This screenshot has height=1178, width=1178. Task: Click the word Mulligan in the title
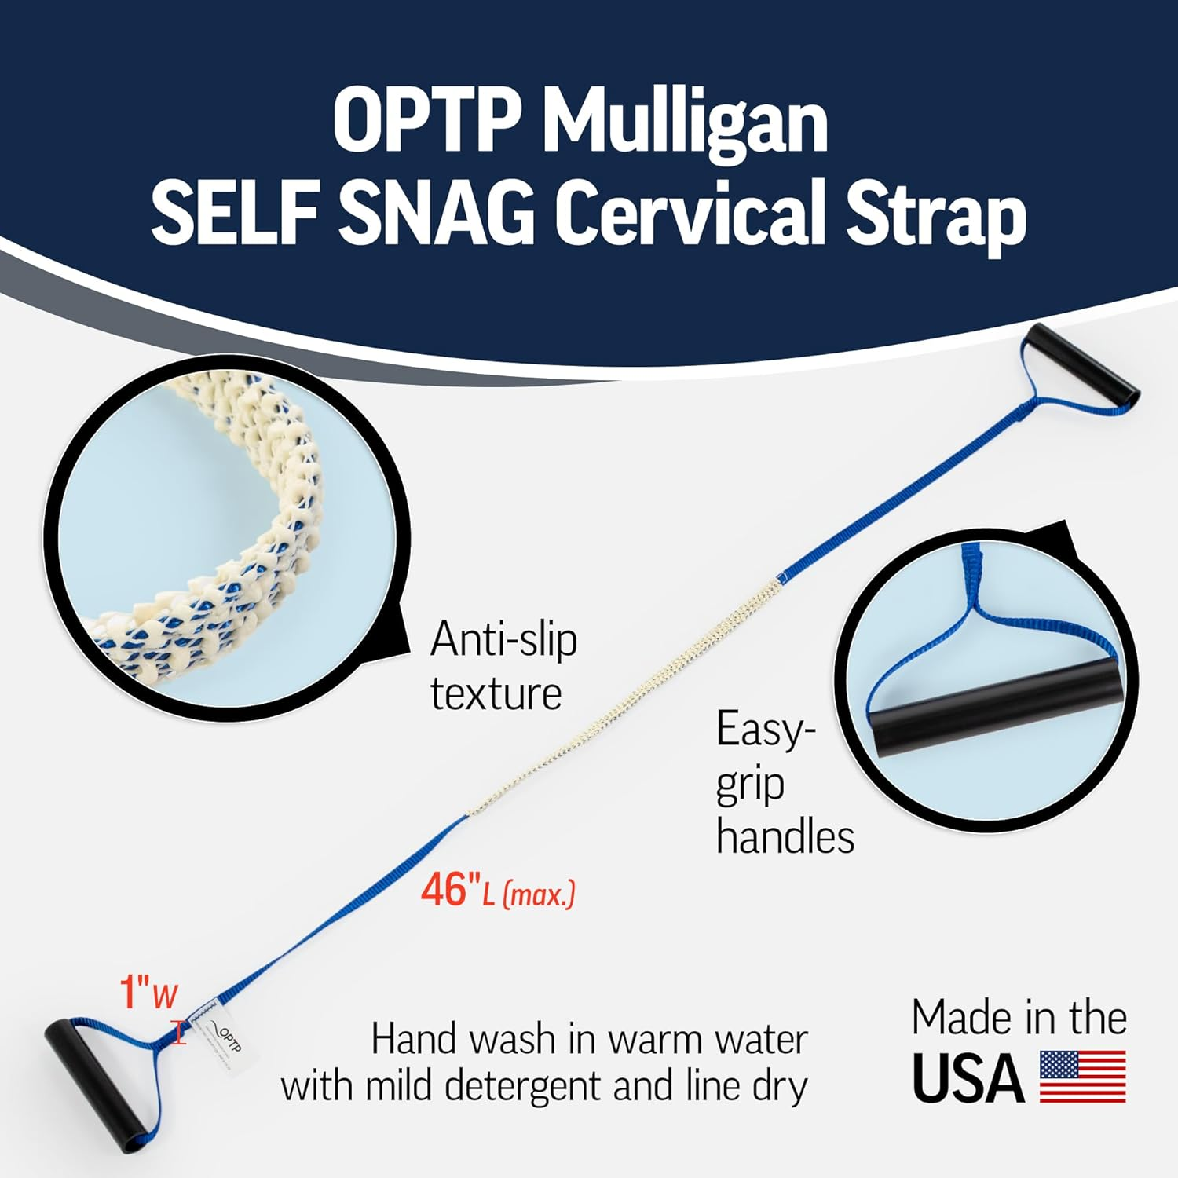684,123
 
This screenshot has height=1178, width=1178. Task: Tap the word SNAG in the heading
437,213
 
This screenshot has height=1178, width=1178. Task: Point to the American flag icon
1082,1077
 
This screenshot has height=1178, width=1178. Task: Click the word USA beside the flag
968,1079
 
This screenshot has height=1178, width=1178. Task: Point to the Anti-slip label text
503,640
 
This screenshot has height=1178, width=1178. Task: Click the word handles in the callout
785,837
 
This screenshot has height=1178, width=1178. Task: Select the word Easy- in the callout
761,729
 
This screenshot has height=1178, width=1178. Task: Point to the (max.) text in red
539,894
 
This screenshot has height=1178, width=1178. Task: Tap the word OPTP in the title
427,123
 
